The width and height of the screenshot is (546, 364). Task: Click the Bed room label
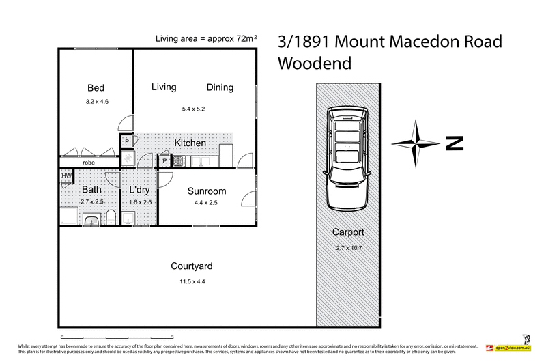click(96, 88)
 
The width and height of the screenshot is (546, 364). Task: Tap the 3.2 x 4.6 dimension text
click(97, 102)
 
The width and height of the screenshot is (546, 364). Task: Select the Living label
click(164, 87)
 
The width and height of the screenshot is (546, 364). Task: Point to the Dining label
click(220, 87)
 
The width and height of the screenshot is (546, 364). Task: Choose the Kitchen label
click(190, 143)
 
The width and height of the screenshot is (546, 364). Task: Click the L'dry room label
click(139, 190)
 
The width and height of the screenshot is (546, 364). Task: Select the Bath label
click(92, 190)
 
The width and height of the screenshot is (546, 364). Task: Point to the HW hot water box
click(66, 176)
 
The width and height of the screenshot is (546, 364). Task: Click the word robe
click(89, 163)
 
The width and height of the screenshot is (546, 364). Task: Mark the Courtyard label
click(192, 266)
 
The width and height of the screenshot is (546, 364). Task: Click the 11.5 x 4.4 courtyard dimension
click(192, 281)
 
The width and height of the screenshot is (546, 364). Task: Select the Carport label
click(347, 232)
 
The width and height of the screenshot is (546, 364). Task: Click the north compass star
click(416, 143)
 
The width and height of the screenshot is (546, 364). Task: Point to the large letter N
click(454, 143)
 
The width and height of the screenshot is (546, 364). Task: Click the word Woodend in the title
click(315, 64)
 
